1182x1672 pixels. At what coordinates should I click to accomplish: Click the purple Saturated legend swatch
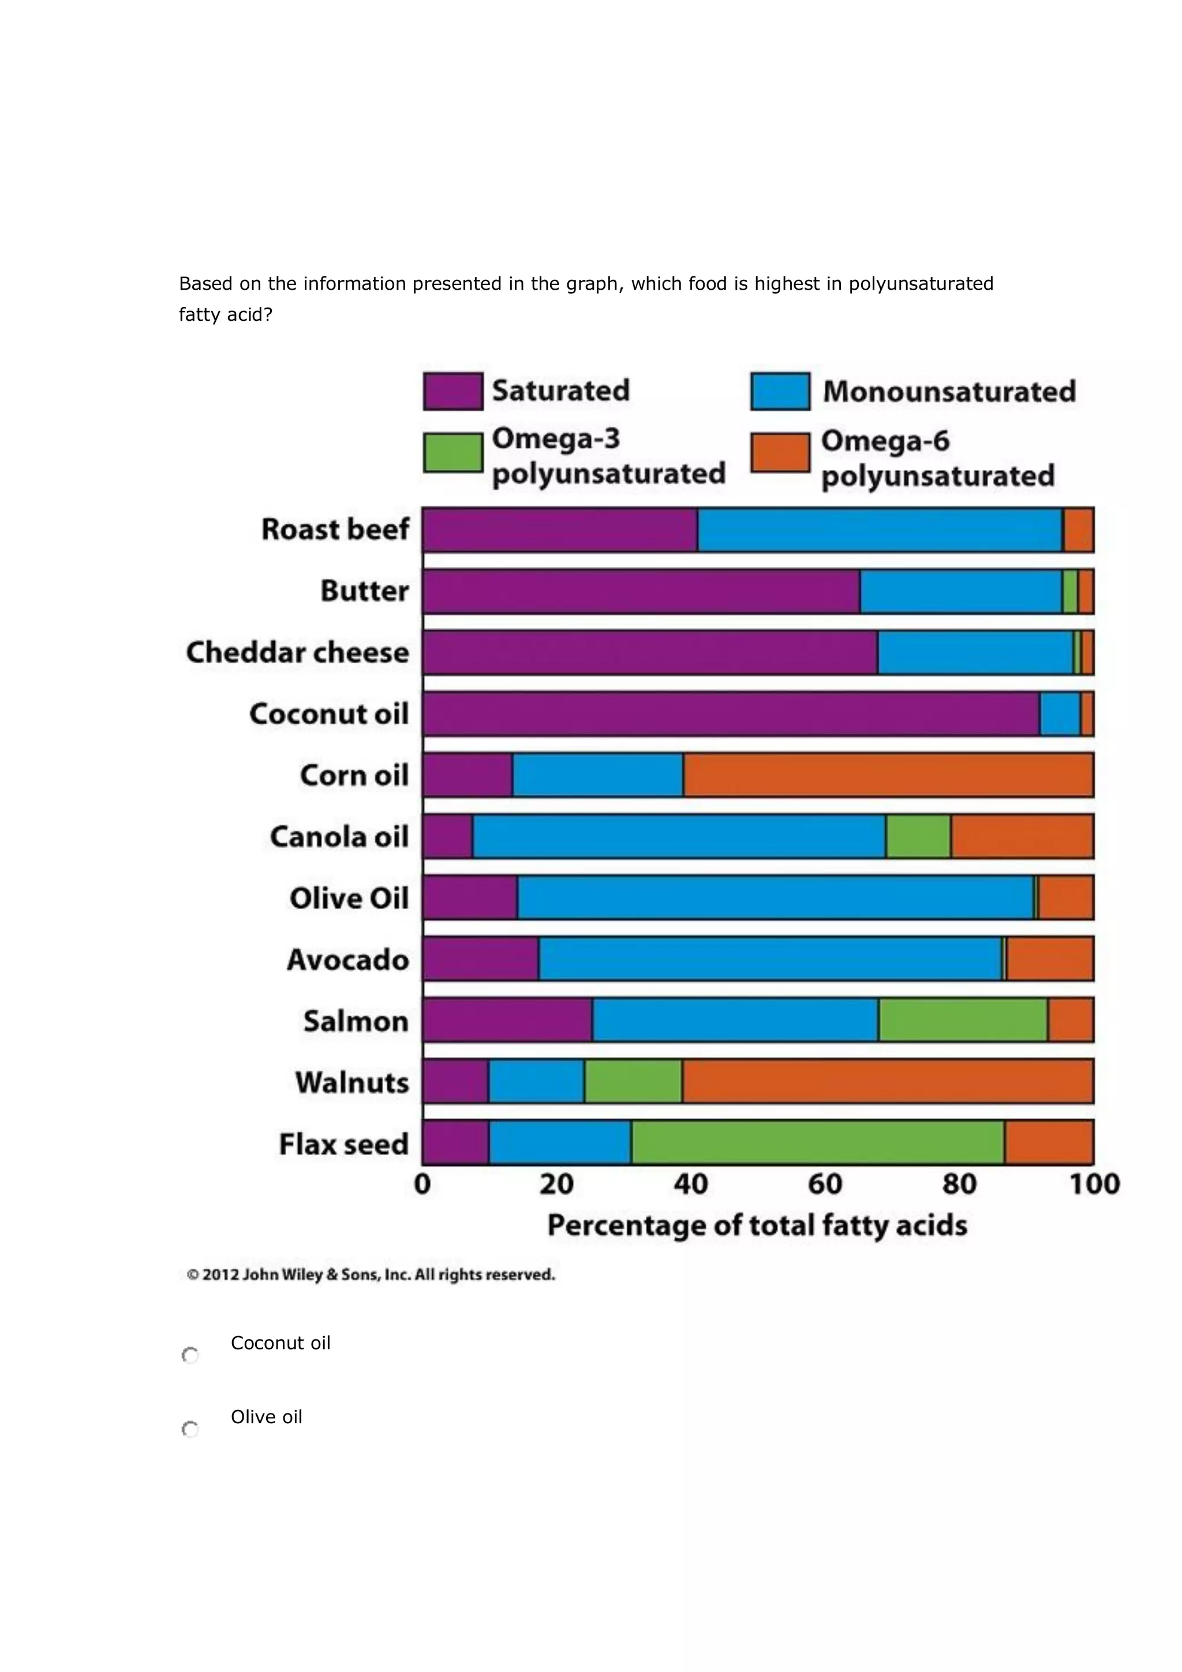[452, 391]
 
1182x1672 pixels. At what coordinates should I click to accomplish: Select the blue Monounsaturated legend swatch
[780, 391]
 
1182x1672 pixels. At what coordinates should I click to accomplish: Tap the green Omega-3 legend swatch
[452, 452]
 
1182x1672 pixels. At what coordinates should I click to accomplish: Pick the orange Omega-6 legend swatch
[780, 452]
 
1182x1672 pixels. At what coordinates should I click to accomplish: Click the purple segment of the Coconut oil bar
[731, 714]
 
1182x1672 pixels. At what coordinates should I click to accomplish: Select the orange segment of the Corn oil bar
[888, 775]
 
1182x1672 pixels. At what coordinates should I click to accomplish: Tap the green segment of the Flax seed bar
[817, 1143]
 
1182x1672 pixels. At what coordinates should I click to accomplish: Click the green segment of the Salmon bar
[962, 1020]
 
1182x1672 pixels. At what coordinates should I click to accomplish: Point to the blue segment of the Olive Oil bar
[775, 897]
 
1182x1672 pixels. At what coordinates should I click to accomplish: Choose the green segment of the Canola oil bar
[918, 836]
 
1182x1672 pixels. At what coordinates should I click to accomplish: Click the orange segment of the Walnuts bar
[887, 1082]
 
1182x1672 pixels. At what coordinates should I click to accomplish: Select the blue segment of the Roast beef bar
[879, 529]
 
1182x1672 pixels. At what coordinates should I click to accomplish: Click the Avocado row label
[347, 960]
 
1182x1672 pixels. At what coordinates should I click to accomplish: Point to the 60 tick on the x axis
[824, 1185]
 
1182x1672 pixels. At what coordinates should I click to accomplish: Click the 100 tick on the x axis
[1094, 1185]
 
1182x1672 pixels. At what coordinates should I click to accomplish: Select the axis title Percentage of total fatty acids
[757, 1226]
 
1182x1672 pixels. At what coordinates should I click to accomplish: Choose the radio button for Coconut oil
[190, 1355]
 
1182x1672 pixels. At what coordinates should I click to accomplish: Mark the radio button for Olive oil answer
[190, 1429]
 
